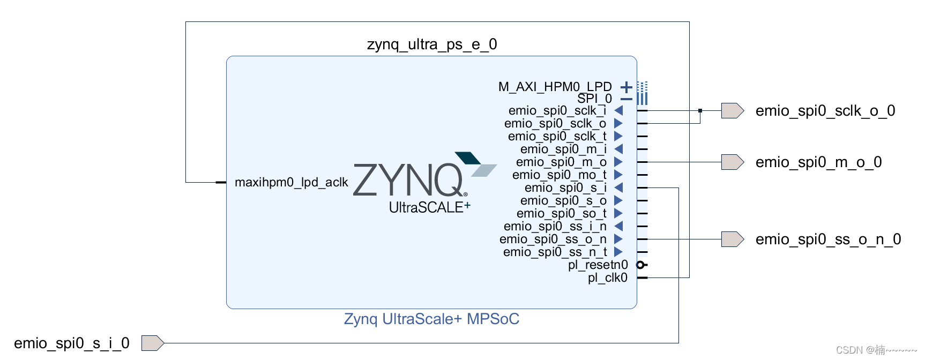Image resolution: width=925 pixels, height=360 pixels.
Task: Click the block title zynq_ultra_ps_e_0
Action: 432,44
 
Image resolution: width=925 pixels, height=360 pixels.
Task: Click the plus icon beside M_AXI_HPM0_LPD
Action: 626,87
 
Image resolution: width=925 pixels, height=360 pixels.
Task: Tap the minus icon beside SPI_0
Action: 626,99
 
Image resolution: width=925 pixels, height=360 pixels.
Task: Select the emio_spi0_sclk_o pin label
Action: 555,123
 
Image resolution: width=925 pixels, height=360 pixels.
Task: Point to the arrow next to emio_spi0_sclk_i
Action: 618,110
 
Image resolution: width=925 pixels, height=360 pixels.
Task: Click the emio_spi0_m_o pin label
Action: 561,162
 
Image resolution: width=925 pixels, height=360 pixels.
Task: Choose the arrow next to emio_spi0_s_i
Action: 618,187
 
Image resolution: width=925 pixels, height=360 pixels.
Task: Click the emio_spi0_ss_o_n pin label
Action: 553,239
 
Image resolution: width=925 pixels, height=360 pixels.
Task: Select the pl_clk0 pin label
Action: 607,277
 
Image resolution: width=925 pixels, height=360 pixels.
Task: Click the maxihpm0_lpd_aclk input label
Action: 292,182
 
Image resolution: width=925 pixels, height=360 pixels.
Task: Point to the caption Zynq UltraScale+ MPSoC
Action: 431,319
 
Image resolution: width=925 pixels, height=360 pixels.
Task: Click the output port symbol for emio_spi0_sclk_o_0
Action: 732,110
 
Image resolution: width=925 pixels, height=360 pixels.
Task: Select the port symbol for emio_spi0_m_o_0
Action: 732,162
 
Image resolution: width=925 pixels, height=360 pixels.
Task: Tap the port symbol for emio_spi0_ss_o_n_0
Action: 732,239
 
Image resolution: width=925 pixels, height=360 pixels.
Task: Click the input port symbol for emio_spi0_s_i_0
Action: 152,343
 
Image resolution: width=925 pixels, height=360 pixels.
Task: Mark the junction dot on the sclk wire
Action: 700,110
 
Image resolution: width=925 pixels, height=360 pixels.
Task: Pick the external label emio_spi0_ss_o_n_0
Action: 828,239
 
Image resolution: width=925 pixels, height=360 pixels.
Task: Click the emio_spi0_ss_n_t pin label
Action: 555,252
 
